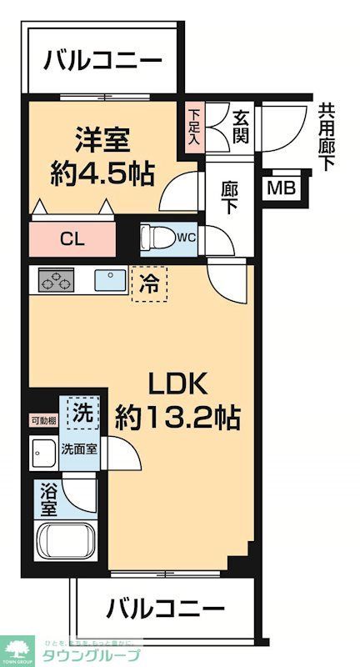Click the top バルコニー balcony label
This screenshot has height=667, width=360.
(x=102, y=62)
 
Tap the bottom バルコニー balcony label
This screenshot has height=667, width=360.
(x=165, y=608)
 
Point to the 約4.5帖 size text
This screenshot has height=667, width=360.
(x=99, y=173)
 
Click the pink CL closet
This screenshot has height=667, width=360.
(x=72, y=238)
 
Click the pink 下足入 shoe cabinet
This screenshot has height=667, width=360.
(x=194, y=128)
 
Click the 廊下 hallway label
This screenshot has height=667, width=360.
(x=230, y=198)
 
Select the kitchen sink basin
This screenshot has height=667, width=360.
(x=109, y=280)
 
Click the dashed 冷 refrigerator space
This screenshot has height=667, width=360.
(x=149, y=283)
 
